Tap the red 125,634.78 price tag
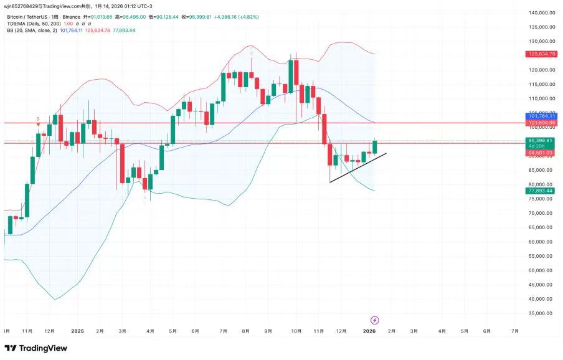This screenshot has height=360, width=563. coord(540,54)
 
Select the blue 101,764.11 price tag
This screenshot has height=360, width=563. coord(540,116)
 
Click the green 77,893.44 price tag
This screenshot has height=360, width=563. coord(540,191)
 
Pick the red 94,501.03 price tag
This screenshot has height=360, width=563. coord(540,153)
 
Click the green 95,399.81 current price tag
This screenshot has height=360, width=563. coord(540,140)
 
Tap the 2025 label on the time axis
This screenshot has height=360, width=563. coord(77,331)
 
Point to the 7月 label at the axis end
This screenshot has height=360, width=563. coord(514,331)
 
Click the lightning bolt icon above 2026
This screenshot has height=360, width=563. coord(375,320)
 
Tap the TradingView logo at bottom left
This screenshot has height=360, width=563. coord(35,348)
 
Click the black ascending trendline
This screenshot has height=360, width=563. coord(358,168)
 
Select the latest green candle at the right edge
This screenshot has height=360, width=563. coord(375,147)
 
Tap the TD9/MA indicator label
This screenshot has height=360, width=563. coord(34,24)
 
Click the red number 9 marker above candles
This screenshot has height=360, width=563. coord(38,118)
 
